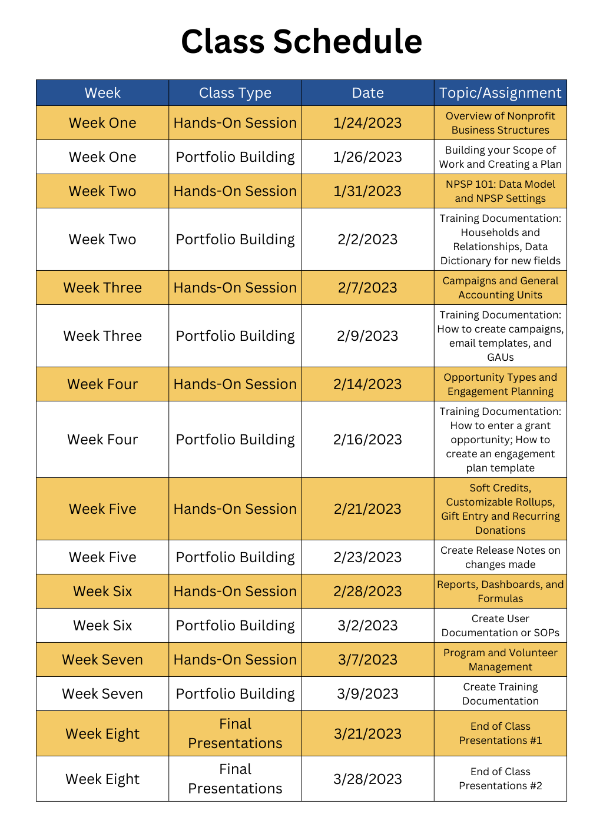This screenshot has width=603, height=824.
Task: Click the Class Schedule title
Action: (301, 42)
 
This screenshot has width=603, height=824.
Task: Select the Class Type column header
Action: (235, 93)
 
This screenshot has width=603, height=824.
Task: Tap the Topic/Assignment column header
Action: (501, 93)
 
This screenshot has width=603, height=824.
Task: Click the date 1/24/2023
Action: (367, 123)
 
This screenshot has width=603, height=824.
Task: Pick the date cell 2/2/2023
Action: (367, 240)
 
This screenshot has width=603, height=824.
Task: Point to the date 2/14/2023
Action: (367, 384)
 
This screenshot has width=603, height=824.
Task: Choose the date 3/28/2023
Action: (367, 779)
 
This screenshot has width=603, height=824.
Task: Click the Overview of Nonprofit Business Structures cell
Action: (501, 123)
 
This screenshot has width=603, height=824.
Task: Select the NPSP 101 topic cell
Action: (501, 191)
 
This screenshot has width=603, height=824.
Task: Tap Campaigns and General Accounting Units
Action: (501, 288)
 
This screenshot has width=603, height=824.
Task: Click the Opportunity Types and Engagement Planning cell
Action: (501, 384)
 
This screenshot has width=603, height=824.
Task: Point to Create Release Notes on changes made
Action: (501, 557)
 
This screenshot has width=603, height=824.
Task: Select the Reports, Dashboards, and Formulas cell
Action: (501, 592)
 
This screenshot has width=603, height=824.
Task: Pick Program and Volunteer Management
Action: (501, 660)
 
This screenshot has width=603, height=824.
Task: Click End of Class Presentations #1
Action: (501, 733)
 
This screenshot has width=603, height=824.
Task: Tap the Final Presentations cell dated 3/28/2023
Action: (235, 779)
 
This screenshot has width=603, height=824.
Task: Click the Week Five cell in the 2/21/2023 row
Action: (102, 509)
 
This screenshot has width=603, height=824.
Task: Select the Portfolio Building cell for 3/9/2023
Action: (235, 694)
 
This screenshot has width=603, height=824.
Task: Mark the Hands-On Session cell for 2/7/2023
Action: (235, 288)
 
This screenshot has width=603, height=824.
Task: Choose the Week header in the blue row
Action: (102, 93)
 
